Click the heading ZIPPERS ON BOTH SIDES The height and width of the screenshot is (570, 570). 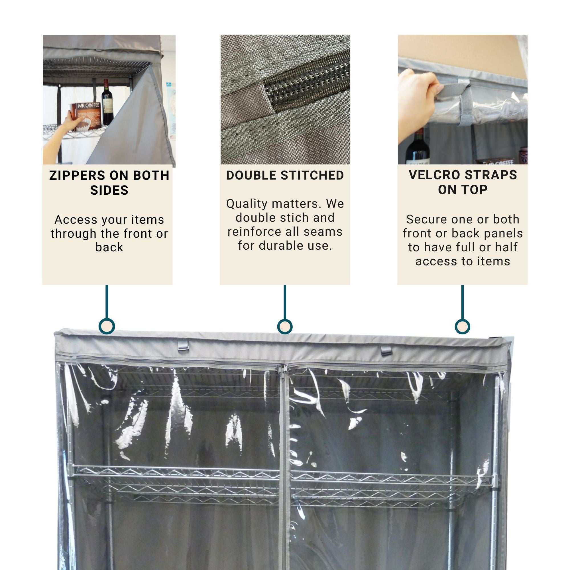point(109,183)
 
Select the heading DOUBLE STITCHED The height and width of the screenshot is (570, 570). point(285,175)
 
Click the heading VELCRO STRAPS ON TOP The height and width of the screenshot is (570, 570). point(463,182)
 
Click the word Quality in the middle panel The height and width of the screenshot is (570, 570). point(245,203)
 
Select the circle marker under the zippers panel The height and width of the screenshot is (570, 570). point(107,326)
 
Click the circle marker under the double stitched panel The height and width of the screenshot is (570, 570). point(285,327)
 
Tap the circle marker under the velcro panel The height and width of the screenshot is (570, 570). point(462,327)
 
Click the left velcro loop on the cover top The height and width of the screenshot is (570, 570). point(183,345)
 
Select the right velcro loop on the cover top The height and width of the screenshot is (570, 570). point(386,351)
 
